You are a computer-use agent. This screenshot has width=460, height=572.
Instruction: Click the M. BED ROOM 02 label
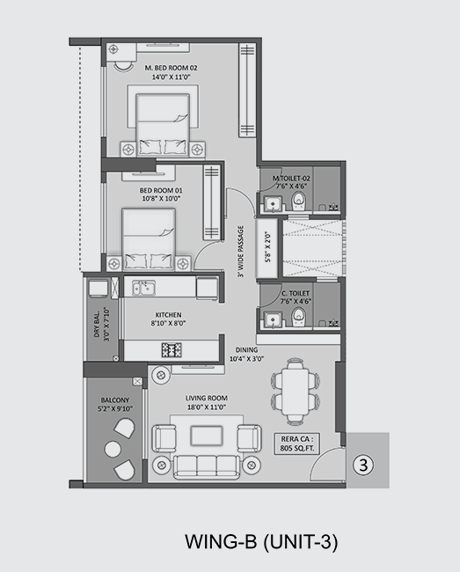tap(171, 72)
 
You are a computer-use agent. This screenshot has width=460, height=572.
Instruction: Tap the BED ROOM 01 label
tap(161, 194)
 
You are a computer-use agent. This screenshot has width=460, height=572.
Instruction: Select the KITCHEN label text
tap(168, 319)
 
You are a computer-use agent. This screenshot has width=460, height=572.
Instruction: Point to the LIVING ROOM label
tap(207, 402)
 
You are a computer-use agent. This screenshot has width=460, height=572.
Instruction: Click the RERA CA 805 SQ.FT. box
tap(297, 444)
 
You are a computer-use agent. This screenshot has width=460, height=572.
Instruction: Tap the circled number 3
tap(363, 466)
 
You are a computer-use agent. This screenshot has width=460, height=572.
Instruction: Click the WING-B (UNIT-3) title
tap(261, 541)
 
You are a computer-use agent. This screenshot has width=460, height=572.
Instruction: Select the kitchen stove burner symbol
tap(172, 350)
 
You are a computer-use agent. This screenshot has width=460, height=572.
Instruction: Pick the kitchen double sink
tap(143, 288)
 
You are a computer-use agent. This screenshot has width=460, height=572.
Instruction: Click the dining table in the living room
tap(296, 391)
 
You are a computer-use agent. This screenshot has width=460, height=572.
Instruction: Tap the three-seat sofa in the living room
tap(207, 466)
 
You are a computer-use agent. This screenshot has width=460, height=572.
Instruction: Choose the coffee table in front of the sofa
tap(207, 436)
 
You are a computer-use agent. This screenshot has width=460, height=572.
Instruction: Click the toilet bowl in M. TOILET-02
tap(299, 201)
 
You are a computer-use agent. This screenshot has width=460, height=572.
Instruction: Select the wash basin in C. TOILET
tap(273, 319)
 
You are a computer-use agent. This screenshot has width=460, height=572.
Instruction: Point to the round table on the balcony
tap(113, 450)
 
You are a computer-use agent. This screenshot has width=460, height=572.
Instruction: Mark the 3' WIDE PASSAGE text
tap(240, 252)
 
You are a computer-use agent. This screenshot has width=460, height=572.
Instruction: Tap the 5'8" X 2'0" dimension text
tap(268, 247)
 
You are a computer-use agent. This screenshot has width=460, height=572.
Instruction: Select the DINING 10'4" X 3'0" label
tap(246, 355)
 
